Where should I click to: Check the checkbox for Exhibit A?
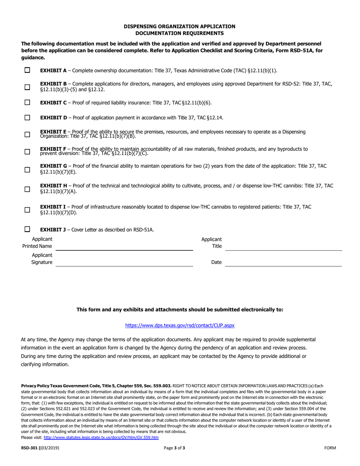pyautogui.click(x=27, y=70)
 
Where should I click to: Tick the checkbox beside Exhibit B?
pyautogui.click(x=27, y=87)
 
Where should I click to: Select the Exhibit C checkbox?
pyautogui.click(x=27, y=102)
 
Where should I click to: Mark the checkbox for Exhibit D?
pyautogui.click(x=27, y=117)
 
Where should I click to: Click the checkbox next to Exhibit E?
pyautogui.click(x=27, y=134)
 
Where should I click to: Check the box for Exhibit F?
pyautogui.click(x=27, y=152)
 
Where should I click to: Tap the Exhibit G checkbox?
pyautogui.click(x=27, y=169)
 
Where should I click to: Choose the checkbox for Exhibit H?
pyautogui.click(x=27, y=189)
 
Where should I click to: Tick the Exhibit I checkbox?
pyautogui.click(x=27, y=210)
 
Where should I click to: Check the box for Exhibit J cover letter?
pyautogui.click(x=27, y=229)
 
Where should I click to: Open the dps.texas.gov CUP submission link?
pyautogui.click(x=180, y=325)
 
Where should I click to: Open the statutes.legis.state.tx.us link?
pyautogui.click(x=101, y=437)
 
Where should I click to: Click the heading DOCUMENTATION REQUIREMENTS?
pyautogui.click(x=180, y=33)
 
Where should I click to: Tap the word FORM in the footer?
pyautogui.click(x=330, y=448)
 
